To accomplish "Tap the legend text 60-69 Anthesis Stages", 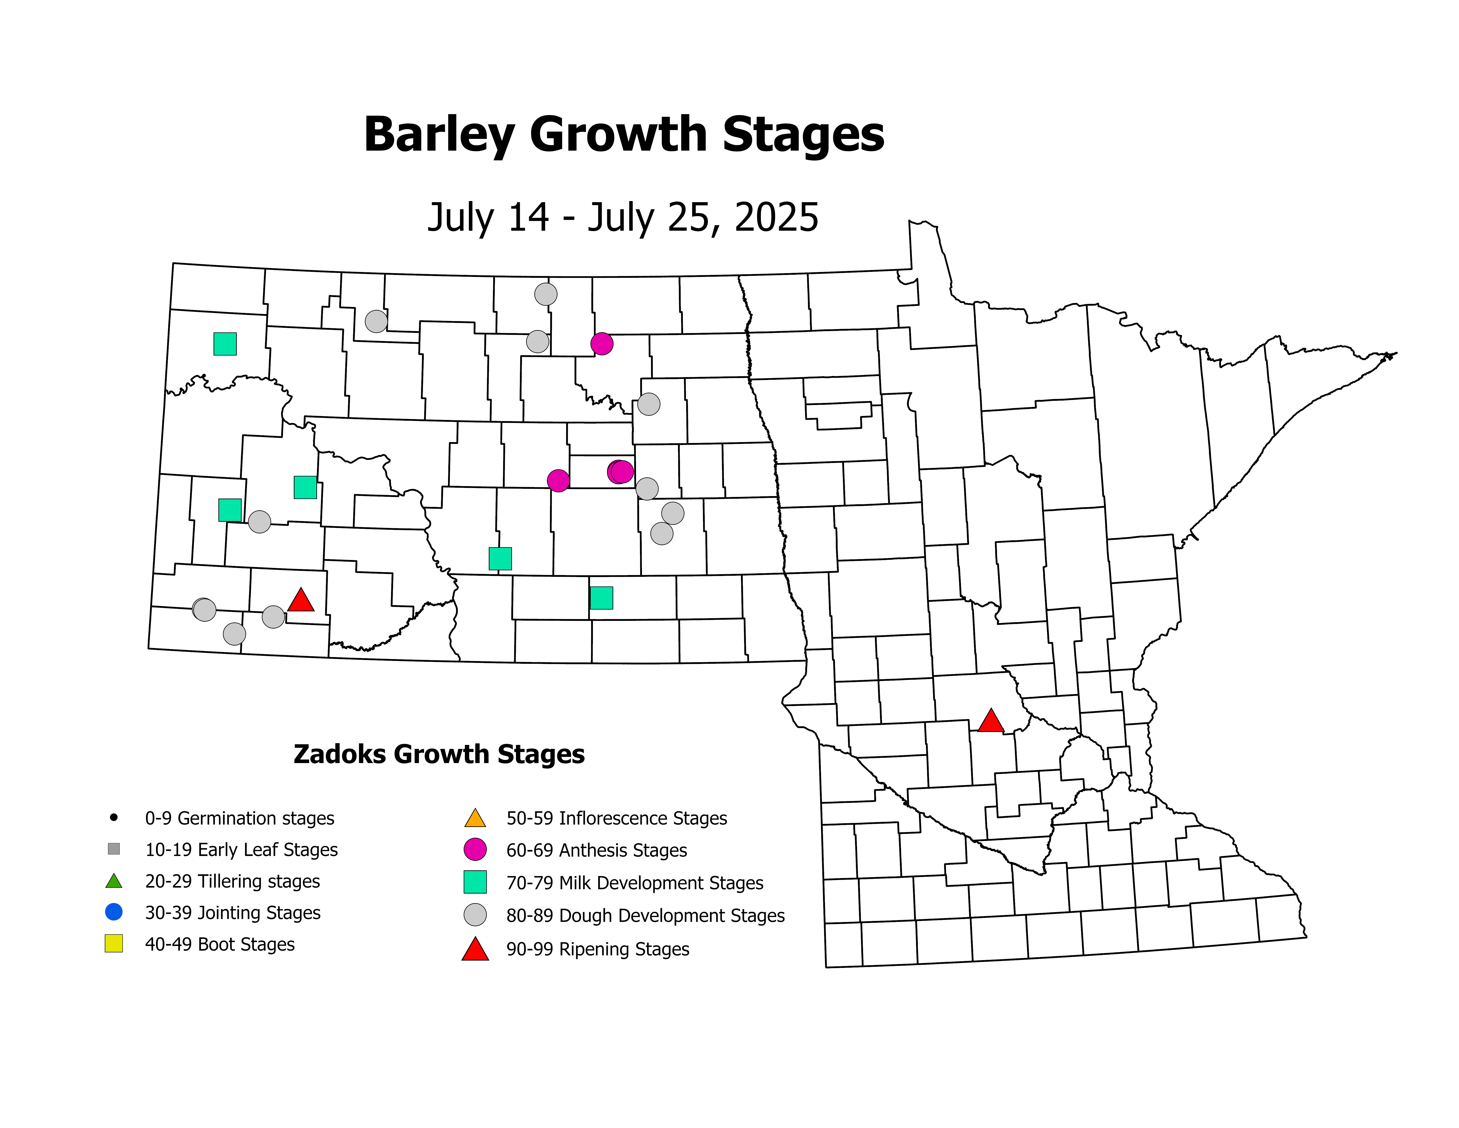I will click(x=597, y=850).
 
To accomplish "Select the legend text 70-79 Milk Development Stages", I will click(x=635, y=883).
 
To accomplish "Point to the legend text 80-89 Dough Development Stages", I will click(x=645, y=915).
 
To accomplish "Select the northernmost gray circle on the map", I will click(x=546, y=294).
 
